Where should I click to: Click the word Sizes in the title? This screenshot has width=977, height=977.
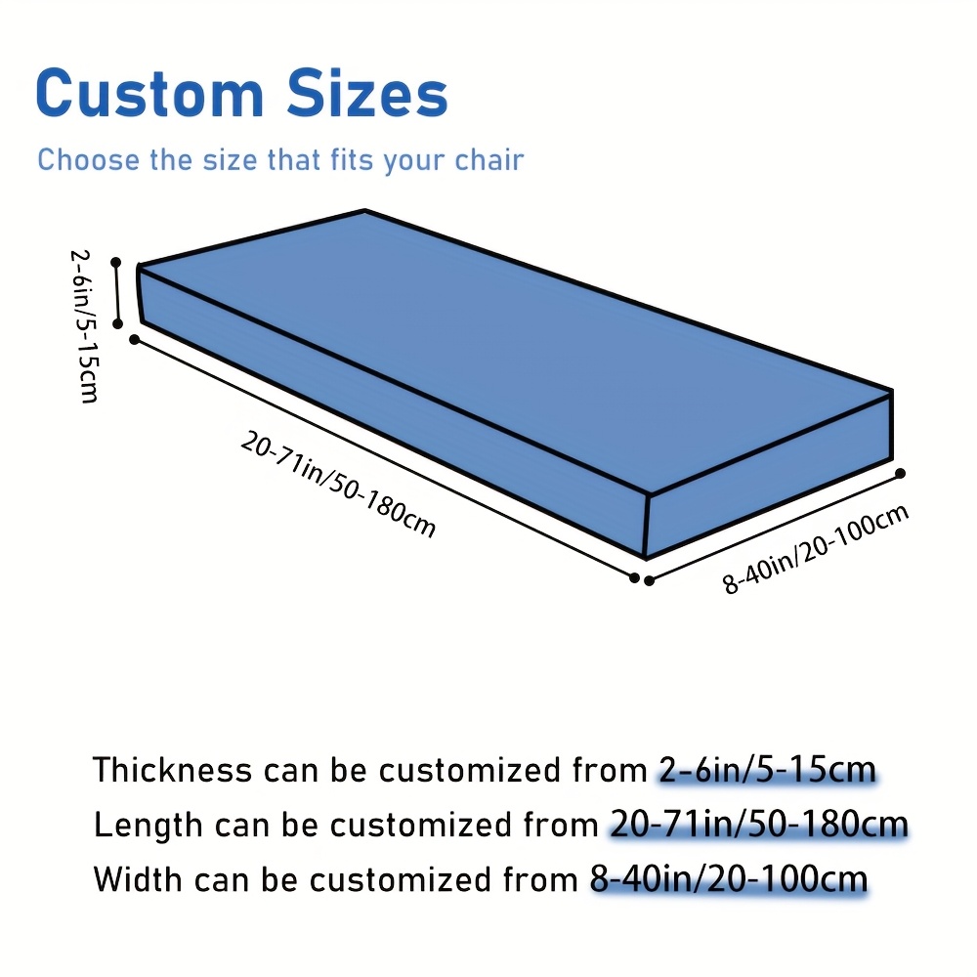click(x=367, y=94)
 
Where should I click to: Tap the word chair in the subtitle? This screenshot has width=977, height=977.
click(x=489, y=160)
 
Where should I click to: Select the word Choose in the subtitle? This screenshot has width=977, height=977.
click(x=89, y=160)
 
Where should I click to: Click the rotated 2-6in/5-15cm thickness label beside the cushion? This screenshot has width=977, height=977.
click(x=85, y=326)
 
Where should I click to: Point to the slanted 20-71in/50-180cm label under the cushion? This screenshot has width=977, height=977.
click(x=338, y=484)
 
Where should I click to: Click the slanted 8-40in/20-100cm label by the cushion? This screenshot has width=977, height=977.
click(x=816, y=548)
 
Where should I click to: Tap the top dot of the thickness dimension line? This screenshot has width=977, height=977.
click(x=116, y=262)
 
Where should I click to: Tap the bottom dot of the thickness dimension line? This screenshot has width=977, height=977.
click(x=118, y=323)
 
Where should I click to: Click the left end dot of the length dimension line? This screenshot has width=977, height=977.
click(x=134, y=340)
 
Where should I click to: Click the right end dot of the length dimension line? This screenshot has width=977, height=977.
click(x=634, y=577)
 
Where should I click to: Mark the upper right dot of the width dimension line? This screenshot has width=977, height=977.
click(x=900, y=474)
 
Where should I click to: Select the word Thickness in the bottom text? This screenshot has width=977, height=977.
click(x=172, y=770)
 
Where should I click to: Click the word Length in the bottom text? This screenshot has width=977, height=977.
click(x=149, y=825)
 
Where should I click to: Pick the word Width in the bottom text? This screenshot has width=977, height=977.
click(x=138, y=879)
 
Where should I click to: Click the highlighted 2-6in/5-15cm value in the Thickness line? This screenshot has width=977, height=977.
click(x=768, y=770)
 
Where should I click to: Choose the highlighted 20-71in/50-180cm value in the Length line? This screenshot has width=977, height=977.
click(x=759, y=825)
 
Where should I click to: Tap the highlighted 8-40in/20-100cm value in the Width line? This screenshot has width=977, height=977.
click(x=729, y=879)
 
